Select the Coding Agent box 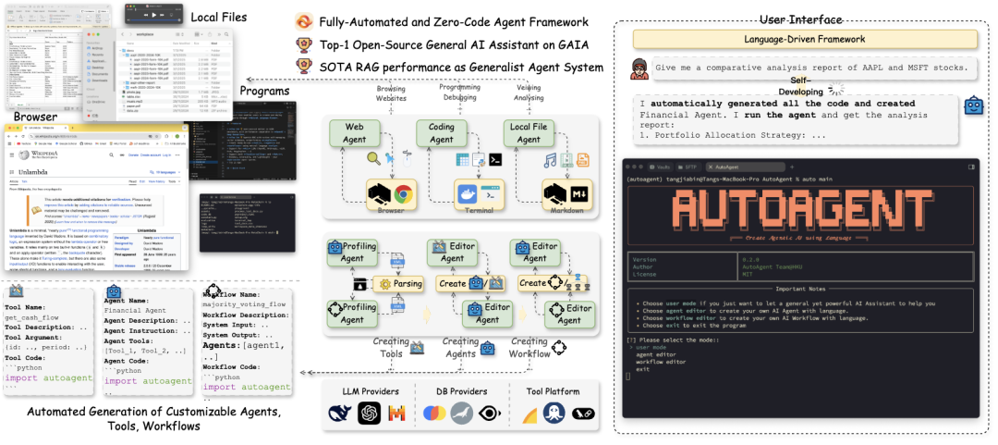coord(441,133)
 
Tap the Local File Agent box coord(529,133)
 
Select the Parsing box coord(404,284)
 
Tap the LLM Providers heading coord(365,391)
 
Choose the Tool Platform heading coord(553,391)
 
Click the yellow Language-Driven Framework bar coord(804,39)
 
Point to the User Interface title coord(802,19)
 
